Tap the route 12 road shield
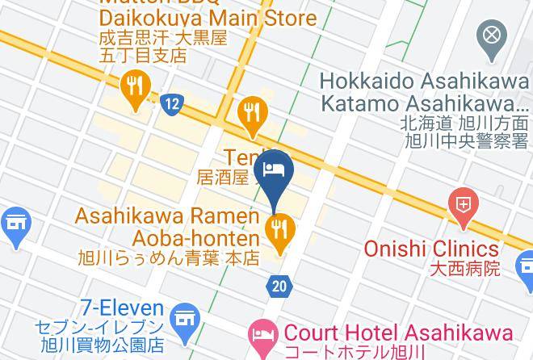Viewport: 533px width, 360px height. coord(170,103)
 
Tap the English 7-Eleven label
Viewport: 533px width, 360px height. coord(121,309)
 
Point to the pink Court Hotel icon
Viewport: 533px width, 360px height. coord(262,333)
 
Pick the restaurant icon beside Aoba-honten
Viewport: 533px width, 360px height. coord(279,230)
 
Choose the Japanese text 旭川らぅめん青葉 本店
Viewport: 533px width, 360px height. coord(169,259)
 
